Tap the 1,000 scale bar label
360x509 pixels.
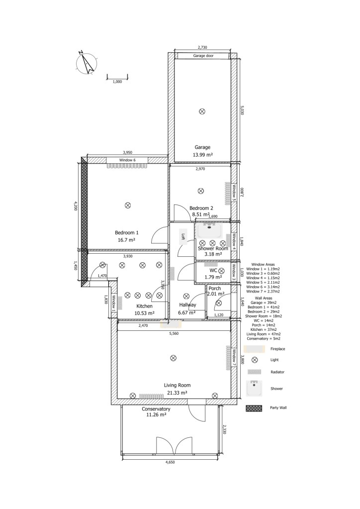[x=117, y=82]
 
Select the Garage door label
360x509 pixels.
[x=203, y=56]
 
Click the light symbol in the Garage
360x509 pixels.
[x=202, y=111]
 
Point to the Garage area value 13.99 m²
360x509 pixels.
[x=203, y=155]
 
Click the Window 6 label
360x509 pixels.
[x=127, y=160]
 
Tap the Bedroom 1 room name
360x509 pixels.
[x=126, y=232]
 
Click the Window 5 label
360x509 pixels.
[x=234, y=193]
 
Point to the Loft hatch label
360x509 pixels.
[x=183, y=236]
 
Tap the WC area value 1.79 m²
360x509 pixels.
[x=213, y=277]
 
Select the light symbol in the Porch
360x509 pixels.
[x=219, y=303]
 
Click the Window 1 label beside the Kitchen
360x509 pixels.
[x=114, y=303]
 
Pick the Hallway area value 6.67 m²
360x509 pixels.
[x=187, y=312]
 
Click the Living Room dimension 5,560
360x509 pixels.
[x=174, y=333]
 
